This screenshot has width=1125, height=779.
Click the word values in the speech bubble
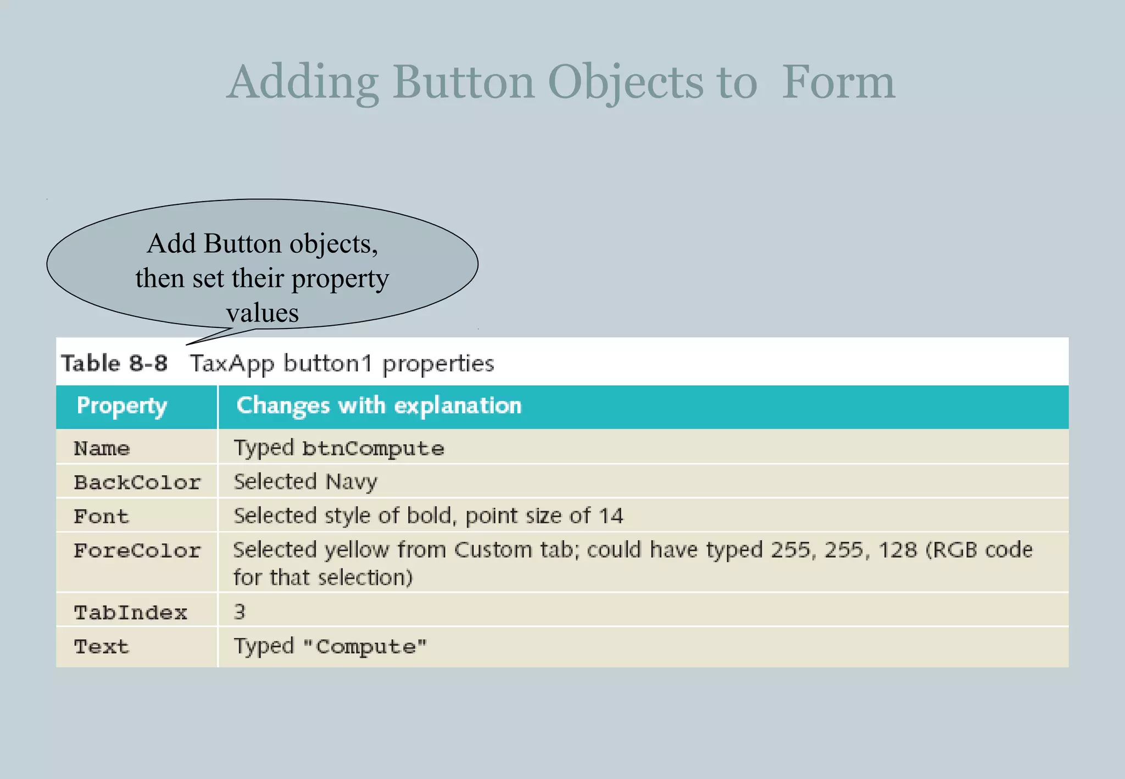[263, 313]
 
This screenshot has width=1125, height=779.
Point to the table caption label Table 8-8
[114, 363]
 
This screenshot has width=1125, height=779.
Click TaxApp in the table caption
[232, 364]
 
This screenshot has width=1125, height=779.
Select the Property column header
[121, 406]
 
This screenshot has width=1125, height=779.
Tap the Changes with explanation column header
[378, 405]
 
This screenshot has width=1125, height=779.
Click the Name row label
[102, 448]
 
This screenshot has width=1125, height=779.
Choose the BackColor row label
[137, 482]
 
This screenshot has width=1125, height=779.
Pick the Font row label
[102, 516]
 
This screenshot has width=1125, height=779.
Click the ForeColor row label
[137, 550]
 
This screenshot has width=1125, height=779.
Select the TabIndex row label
[131, 613]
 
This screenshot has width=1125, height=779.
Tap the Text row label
[102, 647]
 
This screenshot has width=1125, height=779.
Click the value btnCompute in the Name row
[373, 448]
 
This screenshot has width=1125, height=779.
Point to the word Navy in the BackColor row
[352, 482]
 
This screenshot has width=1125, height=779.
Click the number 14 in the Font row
[611, 516]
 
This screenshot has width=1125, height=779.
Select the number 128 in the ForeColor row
[898, 550]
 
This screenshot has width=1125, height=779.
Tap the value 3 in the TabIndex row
[240, 611]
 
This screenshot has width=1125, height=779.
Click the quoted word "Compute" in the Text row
[365, 647]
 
